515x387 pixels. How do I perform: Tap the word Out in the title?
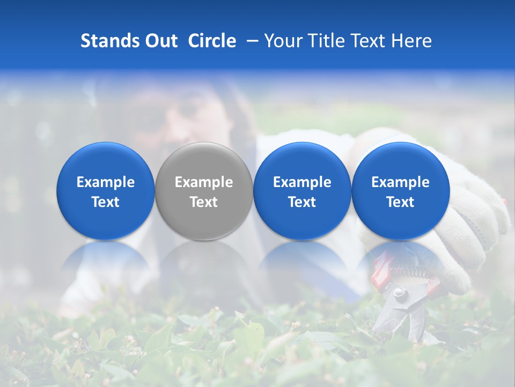(x=160, y=41)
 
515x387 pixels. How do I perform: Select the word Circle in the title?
(x=212, y=41)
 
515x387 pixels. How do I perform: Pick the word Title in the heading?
(x=322, y=41)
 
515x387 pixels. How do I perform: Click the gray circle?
(x=204, y=191)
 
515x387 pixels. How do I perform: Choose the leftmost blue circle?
(x=106, y=191)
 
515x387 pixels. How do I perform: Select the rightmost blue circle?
(x=401, y=191)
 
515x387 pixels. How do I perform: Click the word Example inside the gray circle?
(x=204, y=182)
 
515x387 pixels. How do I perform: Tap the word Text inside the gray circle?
(x=204, y=202)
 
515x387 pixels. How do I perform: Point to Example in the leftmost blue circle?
(x=106, y=182)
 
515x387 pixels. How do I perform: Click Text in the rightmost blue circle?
(x=401, y=202)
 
